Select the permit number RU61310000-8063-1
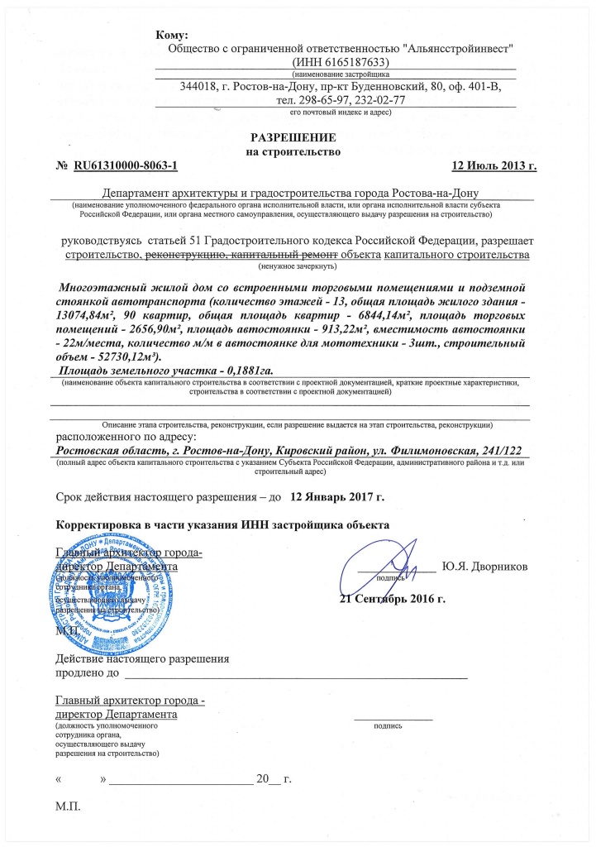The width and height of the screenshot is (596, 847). click(x=126, y=166)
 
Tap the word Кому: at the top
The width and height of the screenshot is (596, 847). click(x=172, y=34)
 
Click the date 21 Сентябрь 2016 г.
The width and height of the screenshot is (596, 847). click(x=393, y=598)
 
